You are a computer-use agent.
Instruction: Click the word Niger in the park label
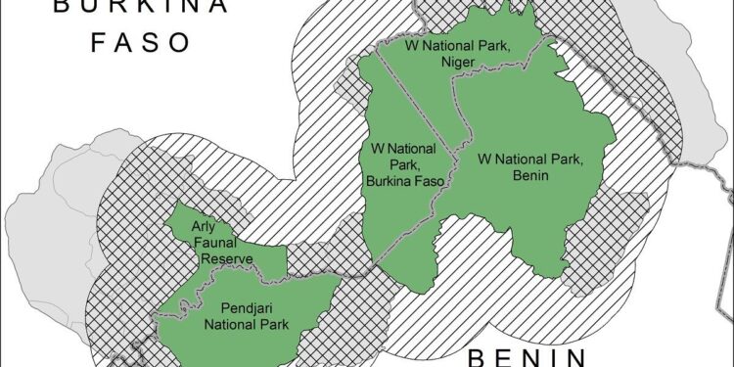[x=457, y=62]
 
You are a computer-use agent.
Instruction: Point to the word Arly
[x=205, y=225]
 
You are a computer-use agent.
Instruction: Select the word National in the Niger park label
[x=440, y=45]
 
